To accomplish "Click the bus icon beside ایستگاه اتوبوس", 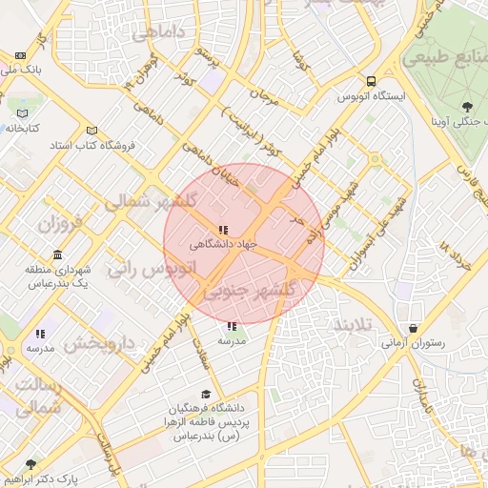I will tap(370, 81).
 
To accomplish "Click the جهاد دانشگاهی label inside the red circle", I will tap(223, 245).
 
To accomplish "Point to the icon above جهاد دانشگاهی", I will tap(223, 230).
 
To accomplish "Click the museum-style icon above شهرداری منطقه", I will tap(58, 255).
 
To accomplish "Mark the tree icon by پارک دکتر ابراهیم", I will tap(30, 464).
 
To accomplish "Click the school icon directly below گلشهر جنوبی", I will tap(232, 326).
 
